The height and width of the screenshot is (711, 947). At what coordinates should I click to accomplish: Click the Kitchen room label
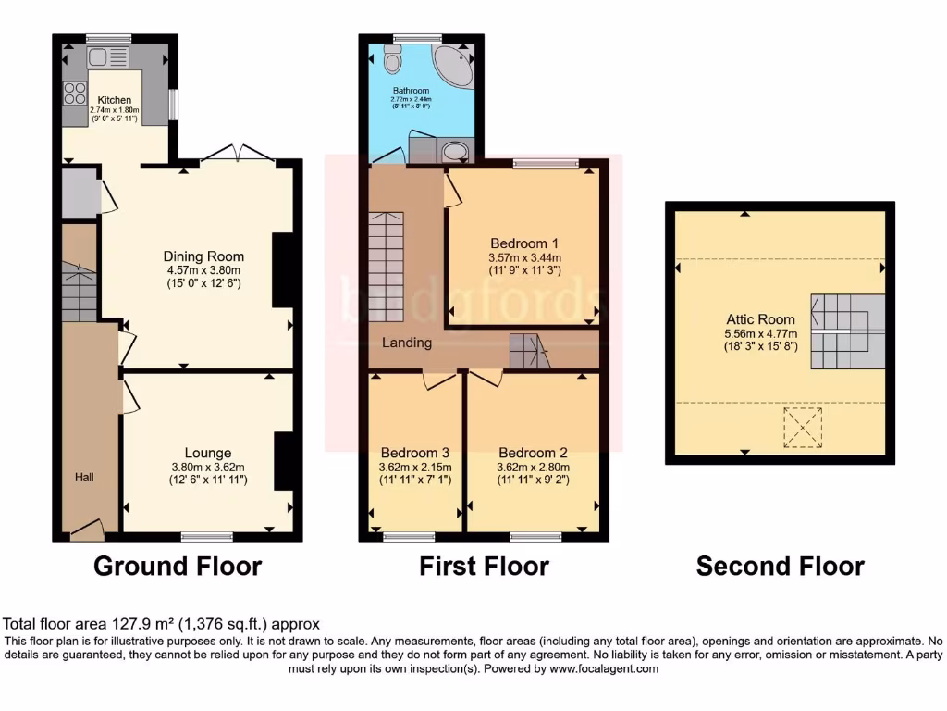(116, 99)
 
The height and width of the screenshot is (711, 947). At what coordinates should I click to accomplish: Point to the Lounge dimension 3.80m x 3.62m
(208, 468)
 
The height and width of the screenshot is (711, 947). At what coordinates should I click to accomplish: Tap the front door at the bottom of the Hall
(87, 530)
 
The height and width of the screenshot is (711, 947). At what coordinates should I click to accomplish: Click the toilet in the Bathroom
(392, 61)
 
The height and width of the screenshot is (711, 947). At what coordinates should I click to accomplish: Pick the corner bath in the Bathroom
(455, 64)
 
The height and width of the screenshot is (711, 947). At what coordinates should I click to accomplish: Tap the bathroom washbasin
(454, 151)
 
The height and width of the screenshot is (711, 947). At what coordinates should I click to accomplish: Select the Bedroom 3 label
(415, 453)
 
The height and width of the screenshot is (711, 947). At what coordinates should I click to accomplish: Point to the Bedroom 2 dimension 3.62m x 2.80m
(534, 468)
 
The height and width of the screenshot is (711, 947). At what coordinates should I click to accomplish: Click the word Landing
(408, 343)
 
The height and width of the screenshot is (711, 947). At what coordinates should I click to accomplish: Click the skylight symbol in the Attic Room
(802, 426)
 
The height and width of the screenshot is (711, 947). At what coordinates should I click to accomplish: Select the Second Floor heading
(780, 566)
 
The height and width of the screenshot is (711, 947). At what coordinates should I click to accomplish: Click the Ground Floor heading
(178, 566)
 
